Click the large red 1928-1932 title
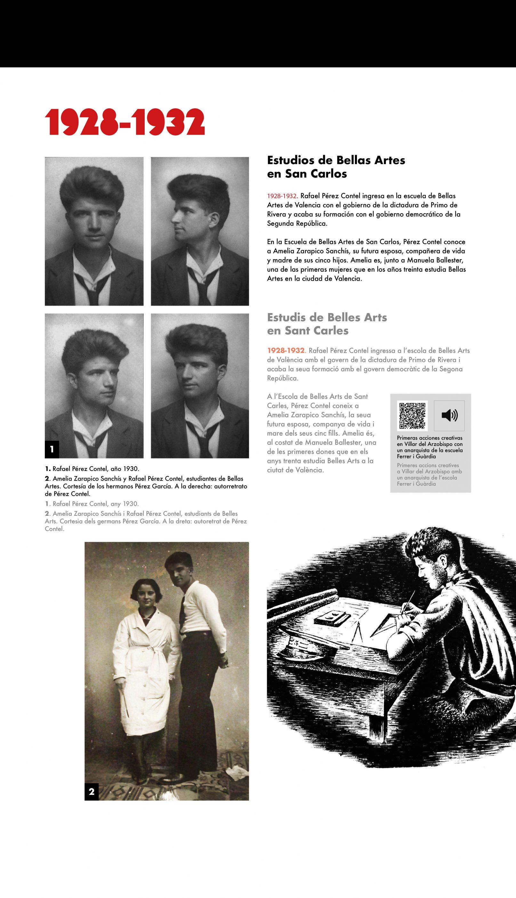[x=125, y=122]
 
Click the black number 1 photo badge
[x=52, y=449]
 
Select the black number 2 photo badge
[x=92, y=792]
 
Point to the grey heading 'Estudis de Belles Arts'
[x=327, y=317]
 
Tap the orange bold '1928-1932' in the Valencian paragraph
[x=286, y=351]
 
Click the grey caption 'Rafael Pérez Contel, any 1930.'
[x=95, y=504]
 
